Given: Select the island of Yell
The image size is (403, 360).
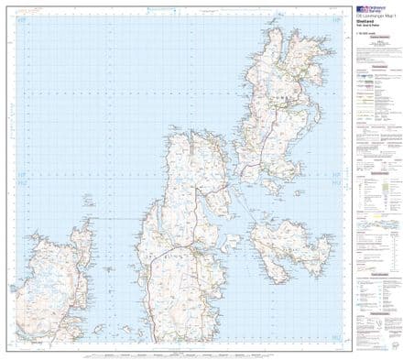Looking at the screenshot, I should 192,202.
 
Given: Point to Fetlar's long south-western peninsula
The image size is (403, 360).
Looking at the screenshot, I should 265,270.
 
